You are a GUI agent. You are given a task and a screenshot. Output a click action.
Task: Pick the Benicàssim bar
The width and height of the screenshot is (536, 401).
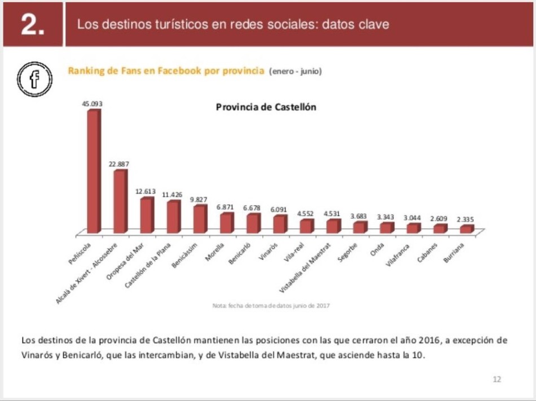coord(199,219)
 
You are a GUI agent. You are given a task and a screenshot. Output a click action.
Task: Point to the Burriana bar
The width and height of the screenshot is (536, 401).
coord(466,229)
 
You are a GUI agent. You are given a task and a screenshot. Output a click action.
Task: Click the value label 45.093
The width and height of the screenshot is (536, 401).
coord(92,104)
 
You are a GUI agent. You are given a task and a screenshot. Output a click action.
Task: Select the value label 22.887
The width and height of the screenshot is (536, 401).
coord(119,164)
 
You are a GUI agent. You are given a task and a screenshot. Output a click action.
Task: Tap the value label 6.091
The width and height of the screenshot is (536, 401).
coord(279,209)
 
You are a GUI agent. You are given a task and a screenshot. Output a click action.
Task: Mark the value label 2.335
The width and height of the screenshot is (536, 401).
coord(466,219)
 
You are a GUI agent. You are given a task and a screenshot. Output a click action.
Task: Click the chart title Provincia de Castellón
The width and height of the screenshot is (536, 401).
coord(266,107)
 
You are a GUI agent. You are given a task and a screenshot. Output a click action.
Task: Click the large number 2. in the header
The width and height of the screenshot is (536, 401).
coord(33,25)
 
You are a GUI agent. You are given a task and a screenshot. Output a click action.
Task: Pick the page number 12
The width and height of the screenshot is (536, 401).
coord(497,379)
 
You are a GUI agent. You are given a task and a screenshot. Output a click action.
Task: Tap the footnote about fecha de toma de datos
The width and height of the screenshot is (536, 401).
coord(271,306)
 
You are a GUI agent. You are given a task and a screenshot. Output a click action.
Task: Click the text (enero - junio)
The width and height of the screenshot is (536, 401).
coord(296,72)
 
